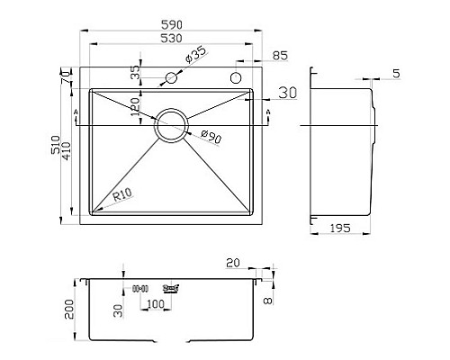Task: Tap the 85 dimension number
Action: (x=279, y=57)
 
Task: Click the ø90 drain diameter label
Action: (x=207, y=135)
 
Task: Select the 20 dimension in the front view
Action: (x=234, y=262)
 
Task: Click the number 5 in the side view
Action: (x=397, y=75)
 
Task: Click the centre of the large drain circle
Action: (x=172, y=125)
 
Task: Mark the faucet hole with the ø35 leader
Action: (x=168, y=79)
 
